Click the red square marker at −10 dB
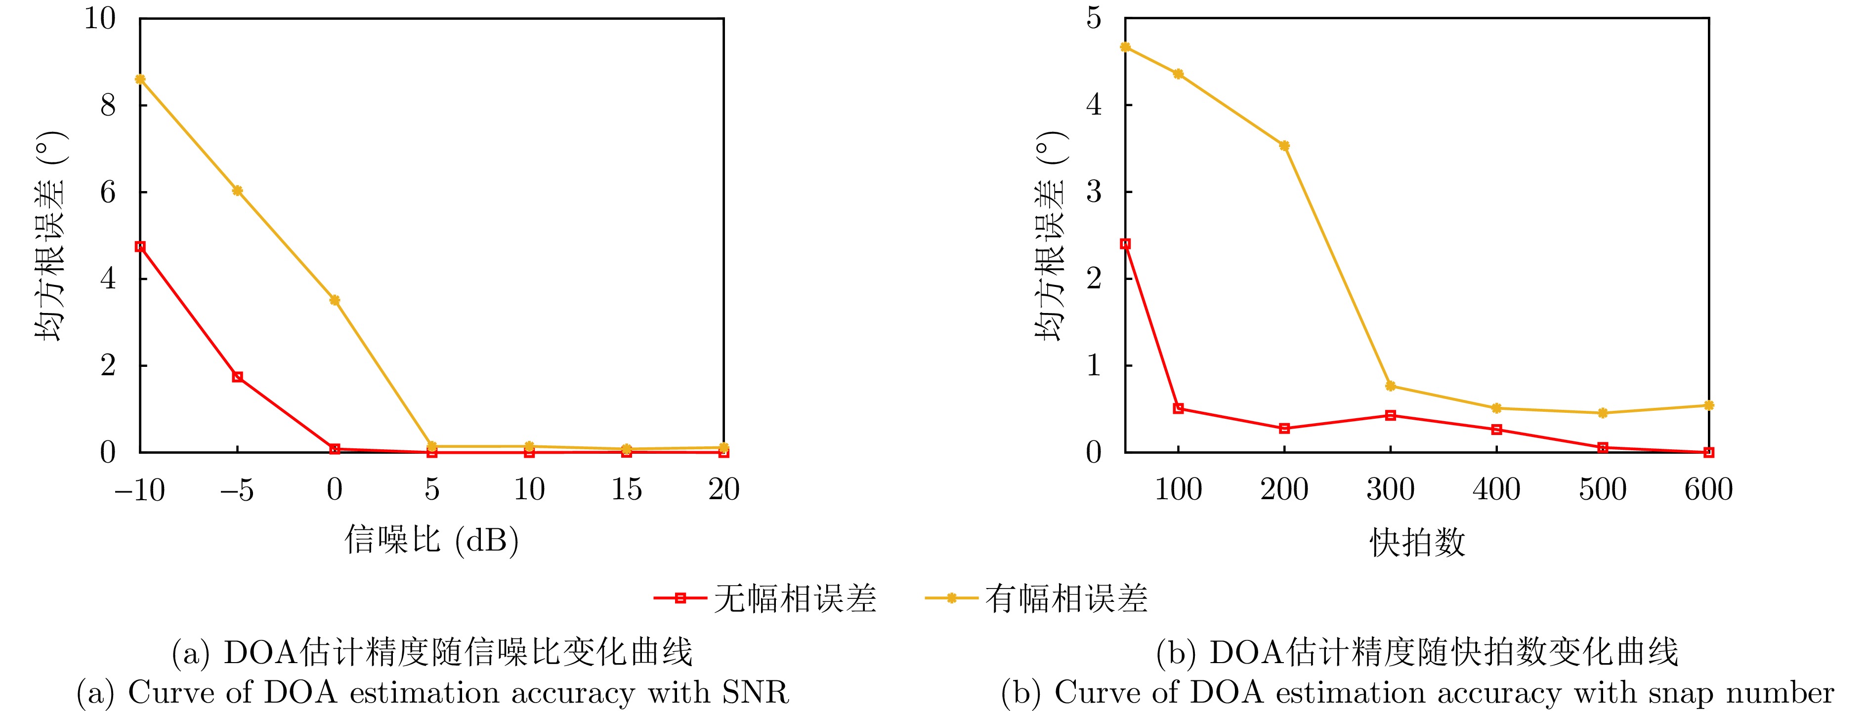[x=140, y=246]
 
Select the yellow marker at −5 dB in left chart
[x=237, y=191]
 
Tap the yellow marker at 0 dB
[x=334, y=300]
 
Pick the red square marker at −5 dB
[x=237, y=377]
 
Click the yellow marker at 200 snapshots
[x=1284, y=146]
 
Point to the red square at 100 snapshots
[x=1179, y=408]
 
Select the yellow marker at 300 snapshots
[x=1390, y=386]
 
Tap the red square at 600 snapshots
[x=1708, y=452]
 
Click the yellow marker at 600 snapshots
[x=1708, y=405]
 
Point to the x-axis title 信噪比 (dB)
[x=431, y=540]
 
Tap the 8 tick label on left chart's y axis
[x=108, y=106]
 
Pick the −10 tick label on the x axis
[x=139, y=490]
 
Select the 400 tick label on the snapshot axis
[x=1496, y=490]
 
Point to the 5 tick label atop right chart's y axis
[x=1094, y=18]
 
